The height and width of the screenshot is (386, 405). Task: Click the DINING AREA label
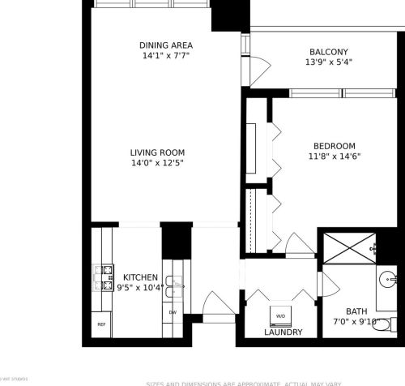[x=166, y=46]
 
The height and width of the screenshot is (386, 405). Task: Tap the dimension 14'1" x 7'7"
[x=166, y=58]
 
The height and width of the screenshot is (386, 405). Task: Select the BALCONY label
[x=329, y=51]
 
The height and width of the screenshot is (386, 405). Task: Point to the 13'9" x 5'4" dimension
[x=329, y=62]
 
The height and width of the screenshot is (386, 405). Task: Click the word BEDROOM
[x=335, y=146]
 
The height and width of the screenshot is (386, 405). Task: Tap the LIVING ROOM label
[x=158, y=152]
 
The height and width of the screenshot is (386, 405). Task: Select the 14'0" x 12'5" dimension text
[x=158, y=163]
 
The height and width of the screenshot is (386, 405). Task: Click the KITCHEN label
[x=140, y=277]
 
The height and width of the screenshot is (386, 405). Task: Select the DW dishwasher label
[x=173, y=312]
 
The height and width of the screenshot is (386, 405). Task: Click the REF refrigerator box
[x=101, y=324]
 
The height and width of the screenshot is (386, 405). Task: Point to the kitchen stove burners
[x=104, y=277]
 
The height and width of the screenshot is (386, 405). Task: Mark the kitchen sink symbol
[x=177, y=284]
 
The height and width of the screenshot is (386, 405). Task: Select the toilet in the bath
[x=386, y=324]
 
